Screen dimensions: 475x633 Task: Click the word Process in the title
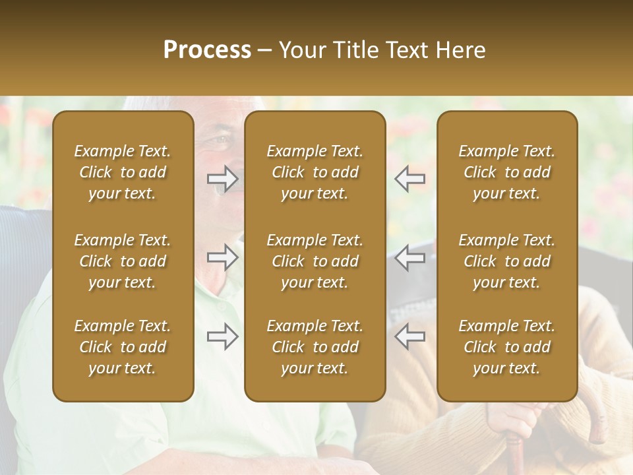coord(207,50)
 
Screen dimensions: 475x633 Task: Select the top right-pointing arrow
coord(223,179)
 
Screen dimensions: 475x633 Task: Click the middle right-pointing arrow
coord(223,257)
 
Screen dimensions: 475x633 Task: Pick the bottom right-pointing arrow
coord(223,336)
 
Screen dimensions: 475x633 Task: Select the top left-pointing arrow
coord(409,179)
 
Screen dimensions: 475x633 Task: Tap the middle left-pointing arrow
coord(409,257)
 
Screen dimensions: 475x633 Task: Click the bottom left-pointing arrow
coord(409,336)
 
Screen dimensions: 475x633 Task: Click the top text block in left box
coord(123,172)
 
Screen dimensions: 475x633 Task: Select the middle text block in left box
coord(123,261)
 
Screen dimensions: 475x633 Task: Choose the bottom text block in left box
coord(123,347)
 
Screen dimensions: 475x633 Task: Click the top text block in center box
coord(315,172)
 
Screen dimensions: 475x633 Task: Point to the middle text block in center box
coord(315,261)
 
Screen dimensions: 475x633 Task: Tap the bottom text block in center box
coord(315,347)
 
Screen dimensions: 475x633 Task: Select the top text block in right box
coord(507,172)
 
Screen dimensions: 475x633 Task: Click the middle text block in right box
coord(507,261)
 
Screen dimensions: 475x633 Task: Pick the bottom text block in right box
coord(507,347)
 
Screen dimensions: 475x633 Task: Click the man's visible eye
coord(220,141)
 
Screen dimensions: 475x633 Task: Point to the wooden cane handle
coord(597,416)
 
